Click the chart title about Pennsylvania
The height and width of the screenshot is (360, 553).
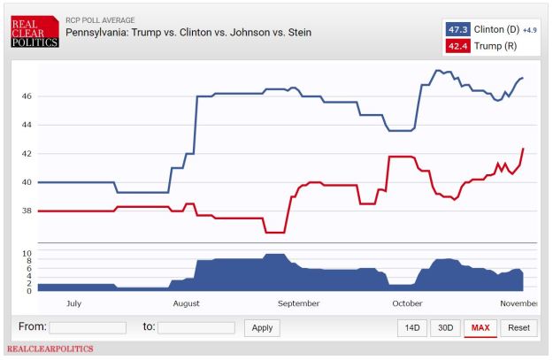(188, 33)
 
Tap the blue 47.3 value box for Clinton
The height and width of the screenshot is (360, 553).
(458, 28)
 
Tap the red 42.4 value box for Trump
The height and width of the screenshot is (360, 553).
(458, 46)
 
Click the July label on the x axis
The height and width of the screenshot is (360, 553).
(73, 303)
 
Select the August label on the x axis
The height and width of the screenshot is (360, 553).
(186, 303)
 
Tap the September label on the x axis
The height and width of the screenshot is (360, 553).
(298, 303)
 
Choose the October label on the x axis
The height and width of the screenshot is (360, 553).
(407, 303)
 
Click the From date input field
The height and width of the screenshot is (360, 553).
(88, 327)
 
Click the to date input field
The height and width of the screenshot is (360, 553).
(196, 327)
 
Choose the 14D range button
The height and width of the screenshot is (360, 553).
(412, 327)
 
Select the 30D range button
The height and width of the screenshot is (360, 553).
(445, 327)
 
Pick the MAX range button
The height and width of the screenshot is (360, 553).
(480, 327)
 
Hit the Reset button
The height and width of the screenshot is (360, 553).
(518, 327)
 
